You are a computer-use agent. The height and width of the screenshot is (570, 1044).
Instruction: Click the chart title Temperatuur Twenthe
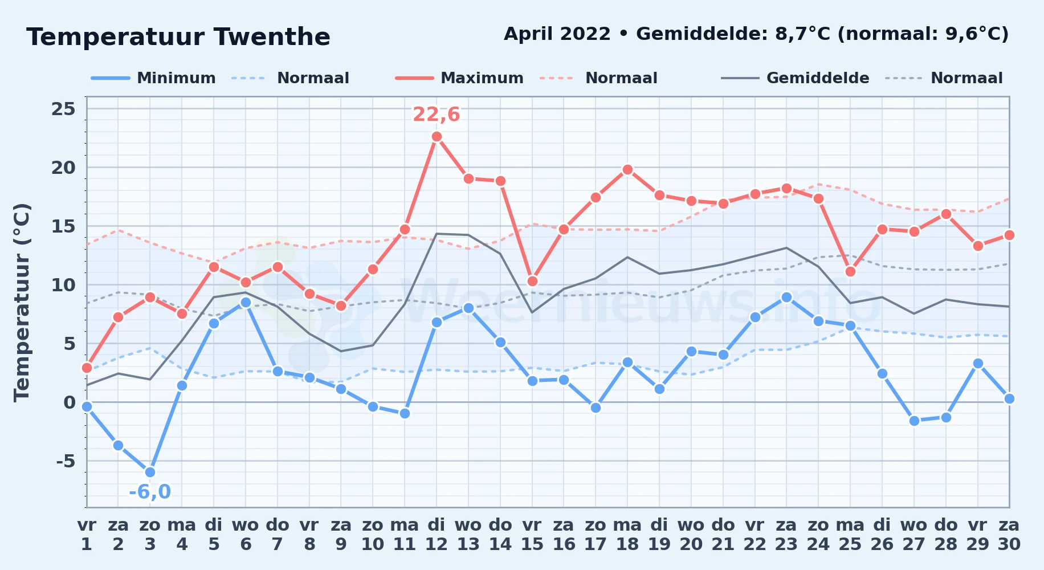coord(178,37)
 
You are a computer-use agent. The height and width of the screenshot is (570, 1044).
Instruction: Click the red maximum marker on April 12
coord(437,136)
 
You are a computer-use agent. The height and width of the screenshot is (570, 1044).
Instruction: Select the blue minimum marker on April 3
coord(150,472)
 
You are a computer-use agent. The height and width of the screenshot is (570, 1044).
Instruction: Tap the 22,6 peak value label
coord(436,115)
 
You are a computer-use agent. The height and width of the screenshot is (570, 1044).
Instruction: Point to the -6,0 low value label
coord(150,491)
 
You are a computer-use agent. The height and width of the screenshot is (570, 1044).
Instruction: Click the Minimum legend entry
coord(153,78)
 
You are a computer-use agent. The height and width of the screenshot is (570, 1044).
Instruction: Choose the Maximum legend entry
coord(459,78)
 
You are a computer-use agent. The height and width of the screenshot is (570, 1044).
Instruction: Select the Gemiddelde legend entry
coord(796,78)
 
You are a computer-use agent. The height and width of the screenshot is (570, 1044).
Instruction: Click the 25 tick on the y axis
coord(63,109)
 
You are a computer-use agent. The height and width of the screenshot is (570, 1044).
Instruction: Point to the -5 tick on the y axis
coord(66,461)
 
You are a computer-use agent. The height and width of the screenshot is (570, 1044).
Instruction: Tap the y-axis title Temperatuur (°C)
coord(22,303)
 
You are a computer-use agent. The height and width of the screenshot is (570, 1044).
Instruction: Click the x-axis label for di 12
coord(437,535)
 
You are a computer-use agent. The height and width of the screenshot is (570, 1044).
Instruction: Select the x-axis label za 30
coord(1009,535)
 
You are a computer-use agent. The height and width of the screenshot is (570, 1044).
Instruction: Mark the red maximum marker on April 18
coord(627,169)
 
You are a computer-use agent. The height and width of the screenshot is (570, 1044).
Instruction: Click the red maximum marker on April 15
coord(532,281)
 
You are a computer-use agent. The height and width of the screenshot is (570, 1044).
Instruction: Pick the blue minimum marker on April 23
coord(786,297)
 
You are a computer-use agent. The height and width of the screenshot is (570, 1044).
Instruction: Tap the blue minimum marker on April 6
coord(246,302)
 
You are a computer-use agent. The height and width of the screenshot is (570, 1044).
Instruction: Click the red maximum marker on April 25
coord(850,271)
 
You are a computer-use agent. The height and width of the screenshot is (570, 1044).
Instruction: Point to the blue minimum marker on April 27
coord(914,421)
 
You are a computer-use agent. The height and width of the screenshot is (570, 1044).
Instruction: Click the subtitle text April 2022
coord(557,34)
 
